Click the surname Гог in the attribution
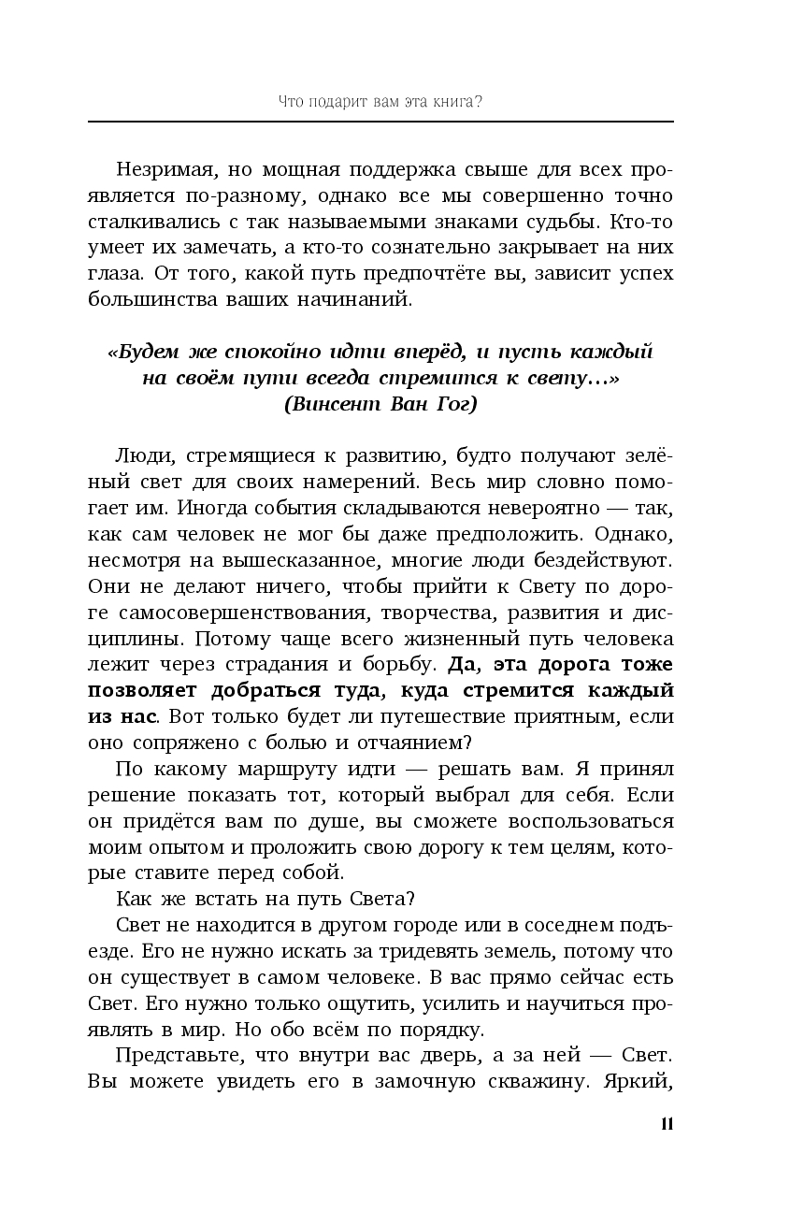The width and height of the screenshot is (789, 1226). coord(453,405)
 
